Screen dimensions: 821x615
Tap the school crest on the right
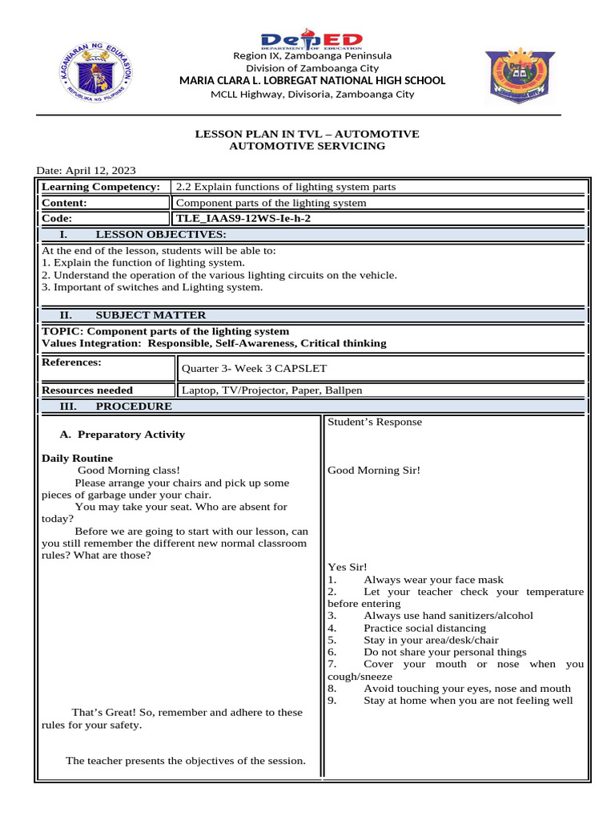[518, 78]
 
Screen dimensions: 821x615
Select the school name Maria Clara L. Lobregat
[312, 80]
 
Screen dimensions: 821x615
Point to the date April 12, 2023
[86, 170]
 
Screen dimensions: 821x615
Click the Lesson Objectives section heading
[160, 234]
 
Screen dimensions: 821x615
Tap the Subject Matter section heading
[151, 315]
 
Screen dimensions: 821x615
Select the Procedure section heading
[134, 406]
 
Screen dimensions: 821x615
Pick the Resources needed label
[88, 390]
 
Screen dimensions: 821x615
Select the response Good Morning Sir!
[374, 471]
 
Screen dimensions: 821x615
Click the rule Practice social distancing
[424, 628]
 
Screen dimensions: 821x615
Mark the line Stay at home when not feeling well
[468, 700]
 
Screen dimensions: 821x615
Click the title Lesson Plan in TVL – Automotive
[307, 134]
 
